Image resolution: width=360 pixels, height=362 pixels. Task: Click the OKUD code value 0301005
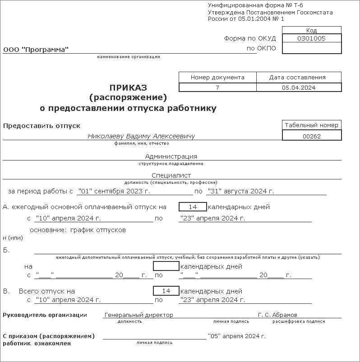[311, 39]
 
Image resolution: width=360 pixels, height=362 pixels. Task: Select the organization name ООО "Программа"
[36, 50]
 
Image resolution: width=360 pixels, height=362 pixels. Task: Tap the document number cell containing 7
[217, 88]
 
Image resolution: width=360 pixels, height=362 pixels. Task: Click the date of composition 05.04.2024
[299, 88]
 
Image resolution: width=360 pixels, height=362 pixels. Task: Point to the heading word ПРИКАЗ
[128, 87]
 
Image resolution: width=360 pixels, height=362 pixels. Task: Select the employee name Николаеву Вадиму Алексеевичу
[141, 136]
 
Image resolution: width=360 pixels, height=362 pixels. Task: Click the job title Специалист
[171, 175]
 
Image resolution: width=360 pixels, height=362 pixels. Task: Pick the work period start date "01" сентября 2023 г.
[113, 191]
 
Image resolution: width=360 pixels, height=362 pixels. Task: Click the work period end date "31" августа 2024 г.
[240, 191]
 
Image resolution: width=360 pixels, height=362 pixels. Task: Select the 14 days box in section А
[193, 207]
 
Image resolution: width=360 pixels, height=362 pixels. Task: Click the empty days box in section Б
[166, 266]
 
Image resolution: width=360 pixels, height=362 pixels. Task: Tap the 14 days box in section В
[166, 291]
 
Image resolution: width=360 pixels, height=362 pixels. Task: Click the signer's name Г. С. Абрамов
[277, 315]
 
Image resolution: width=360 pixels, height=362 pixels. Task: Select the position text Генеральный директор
[138, 315]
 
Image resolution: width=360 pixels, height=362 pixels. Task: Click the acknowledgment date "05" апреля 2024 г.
[237, 336]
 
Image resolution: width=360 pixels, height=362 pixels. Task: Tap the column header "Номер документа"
[217, 77]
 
